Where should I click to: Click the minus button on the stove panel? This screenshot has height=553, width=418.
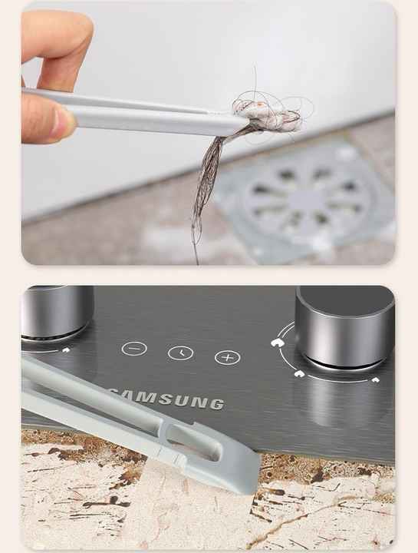pyautogui.click(x=134, y=349)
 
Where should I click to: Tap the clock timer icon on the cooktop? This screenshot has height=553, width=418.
pyautogui.click(x=181, y=353)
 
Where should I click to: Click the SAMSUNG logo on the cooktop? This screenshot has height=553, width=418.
pyautogui.click(x=166, y=399)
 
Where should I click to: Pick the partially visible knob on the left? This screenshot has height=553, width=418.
pyautogui.click(x=56, y=312)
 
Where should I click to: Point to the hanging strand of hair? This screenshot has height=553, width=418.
pyautogui.click(x=208, y=190)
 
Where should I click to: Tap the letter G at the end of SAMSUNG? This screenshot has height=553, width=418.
pyautogui.click(x=218, y=404)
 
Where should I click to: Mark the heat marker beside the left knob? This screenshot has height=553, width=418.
pyautogui.click(x=66, y=350)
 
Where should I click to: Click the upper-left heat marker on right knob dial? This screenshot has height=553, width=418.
pyautogui.click(x=277, y=342)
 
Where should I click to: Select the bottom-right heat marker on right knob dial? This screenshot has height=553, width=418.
pyautogui.click(x=376, y=380)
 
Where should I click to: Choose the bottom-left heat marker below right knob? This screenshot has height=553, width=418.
pyautogui.click(x=299, y=374)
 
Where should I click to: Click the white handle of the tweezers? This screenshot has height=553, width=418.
pyautogui.click(x=133, y=113)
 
